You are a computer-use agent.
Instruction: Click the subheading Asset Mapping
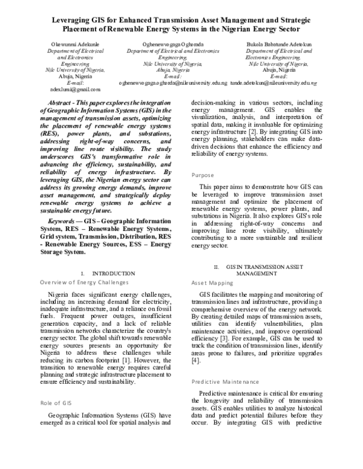[x=211, y=282]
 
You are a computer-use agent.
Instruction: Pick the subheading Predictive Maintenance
[x=226, y=382]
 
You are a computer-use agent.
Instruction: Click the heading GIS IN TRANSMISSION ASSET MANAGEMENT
[x=257, y=270]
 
